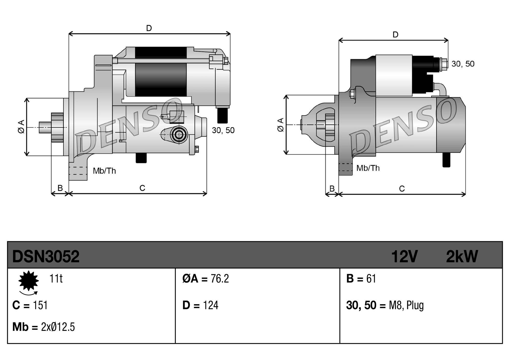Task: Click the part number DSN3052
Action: tap(46, 257)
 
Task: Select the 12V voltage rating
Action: tap(404, 257)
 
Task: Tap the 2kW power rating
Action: tap(462, 257)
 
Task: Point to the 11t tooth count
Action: tap(56, 279)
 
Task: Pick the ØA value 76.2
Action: tap(220, 279)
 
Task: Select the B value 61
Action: tap(371, 279)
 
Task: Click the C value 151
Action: tap(40, 305)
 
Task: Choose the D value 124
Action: tap(210, 305)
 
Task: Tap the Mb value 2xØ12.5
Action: tap(58, 327)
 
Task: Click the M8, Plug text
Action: tap(406, 305)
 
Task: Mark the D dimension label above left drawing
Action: tap(149, 28)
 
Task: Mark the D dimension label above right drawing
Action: tap(396, 35)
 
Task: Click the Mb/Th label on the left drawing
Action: tap(104, 171)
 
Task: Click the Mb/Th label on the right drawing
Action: tap(368, 168)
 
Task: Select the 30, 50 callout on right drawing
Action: tap(463, 64)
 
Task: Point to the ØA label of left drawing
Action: tap(21, 126)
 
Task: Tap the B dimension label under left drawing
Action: tap(60, 188)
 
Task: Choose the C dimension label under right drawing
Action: tap(402, 189)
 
